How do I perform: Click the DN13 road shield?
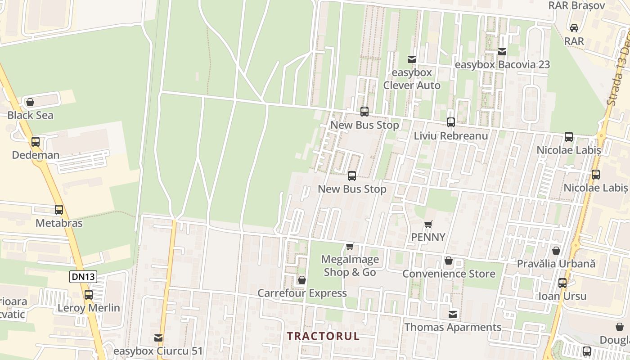(x=83, y=276)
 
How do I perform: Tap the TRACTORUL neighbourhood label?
(x=324, y=336)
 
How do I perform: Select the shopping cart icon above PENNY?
(x=428, y=224)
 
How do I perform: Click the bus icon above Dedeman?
(x=36, y=142)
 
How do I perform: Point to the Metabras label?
(x=59, y=223)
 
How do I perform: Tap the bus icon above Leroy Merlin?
(x=89, y=295)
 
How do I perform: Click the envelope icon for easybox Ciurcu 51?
(x=158, y=337)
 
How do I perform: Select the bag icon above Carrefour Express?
(x=302, y=280)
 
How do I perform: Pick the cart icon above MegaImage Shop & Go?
(x=350, y=246)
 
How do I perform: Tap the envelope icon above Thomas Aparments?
(x=453, y=314)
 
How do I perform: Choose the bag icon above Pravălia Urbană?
(x=556, y=251)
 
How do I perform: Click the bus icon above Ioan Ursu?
(x=562, y=283)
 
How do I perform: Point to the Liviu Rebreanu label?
(x=451, y=135)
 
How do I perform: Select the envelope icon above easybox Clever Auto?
(x=411, y=59)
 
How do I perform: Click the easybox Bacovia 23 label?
(x=502, y=64)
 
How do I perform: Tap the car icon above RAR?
(x=574, y=28)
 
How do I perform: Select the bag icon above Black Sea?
(x=30, y=102)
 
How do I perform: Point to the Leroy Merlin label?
(x=89, y=308)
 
